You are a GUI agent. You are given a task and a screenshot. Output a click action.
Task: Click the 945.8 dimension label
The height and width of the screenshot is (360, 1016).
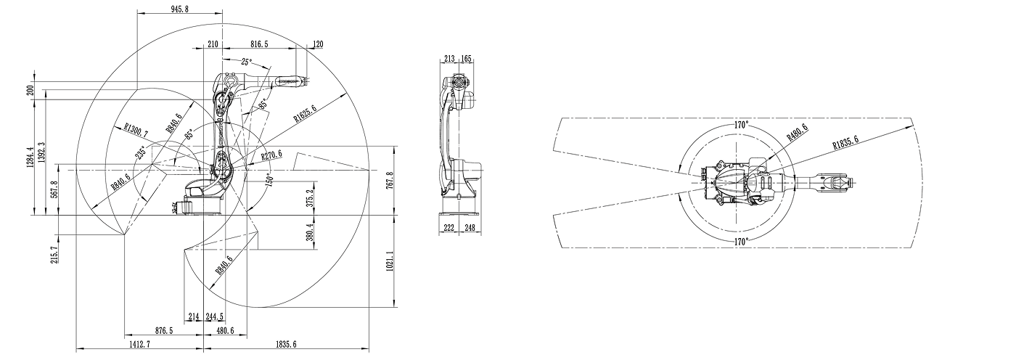(180, 9)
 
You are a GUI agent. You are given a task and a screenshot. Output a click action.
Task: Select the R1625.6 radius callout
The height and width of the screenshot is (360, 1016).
(305, 113)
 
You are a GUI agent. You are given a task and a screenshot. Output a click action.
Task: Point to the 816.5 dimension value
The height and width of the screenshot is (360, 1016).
(260, 44)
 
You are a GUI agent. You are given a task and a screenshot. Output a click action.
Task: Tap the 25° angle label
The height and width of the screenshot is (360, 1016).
(246, 62)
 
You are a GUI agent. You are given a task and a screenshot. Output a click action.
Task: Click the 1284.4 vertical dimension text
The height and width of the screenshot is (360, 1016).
(30, 157)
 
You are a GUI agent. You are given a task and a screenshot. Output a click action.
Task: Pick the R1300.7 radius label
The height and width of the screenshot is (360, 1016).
(136, 130)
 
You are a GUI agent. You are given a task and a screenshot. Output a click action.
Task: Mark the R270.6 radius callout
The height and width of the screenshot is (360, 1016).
(271, 155)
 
